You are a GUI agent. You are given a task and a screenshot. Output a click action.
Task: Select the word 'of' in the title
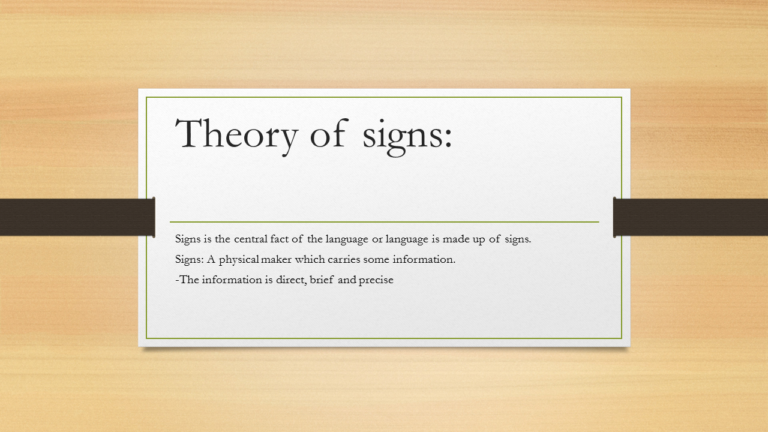click(x=328, y=134)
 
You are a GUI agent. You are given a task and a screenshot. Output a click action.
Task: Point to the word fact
click(x=283, y=239)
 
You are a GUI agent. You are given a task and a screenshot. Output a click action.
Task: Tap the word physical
click(x=238, y=260)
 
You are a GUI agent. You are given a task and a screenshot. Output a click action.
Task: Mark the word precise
click(x=376, y=280)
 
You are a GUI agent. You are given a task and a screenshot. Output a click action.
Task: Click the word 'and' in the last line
click(x=347, y=280)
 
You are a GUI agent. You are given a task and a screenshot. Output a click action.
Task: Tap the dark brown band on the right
click(x=691, y=217)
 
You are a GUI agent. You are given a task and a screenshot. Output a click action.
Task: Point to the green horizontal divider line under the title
click(x=384, y=222)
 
